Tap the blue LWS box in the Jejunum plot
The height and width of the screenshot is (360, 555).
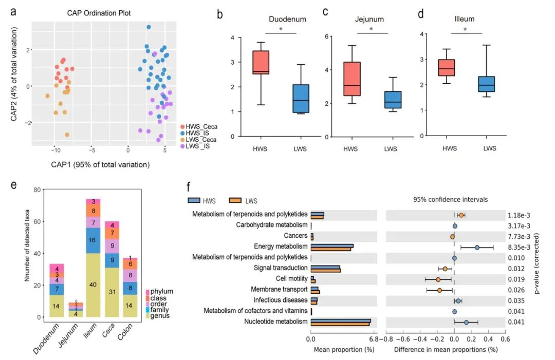click(393, 100)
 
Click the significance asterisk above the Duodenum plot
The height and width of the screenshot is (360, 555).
click(281, 29)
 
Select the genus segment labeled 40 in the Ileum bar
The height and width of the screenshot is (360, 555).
click(94, 285)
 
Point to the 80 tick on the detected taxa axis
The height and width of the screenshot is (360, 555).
click(36, 190)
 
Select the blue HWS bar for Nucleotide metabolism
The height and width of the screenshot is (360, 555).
click(341, 320)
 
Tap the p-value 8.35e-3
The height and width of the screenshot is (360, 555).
click(518, 247)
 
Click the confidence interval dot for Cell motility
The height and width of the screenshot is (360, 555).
click(438, 279)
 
